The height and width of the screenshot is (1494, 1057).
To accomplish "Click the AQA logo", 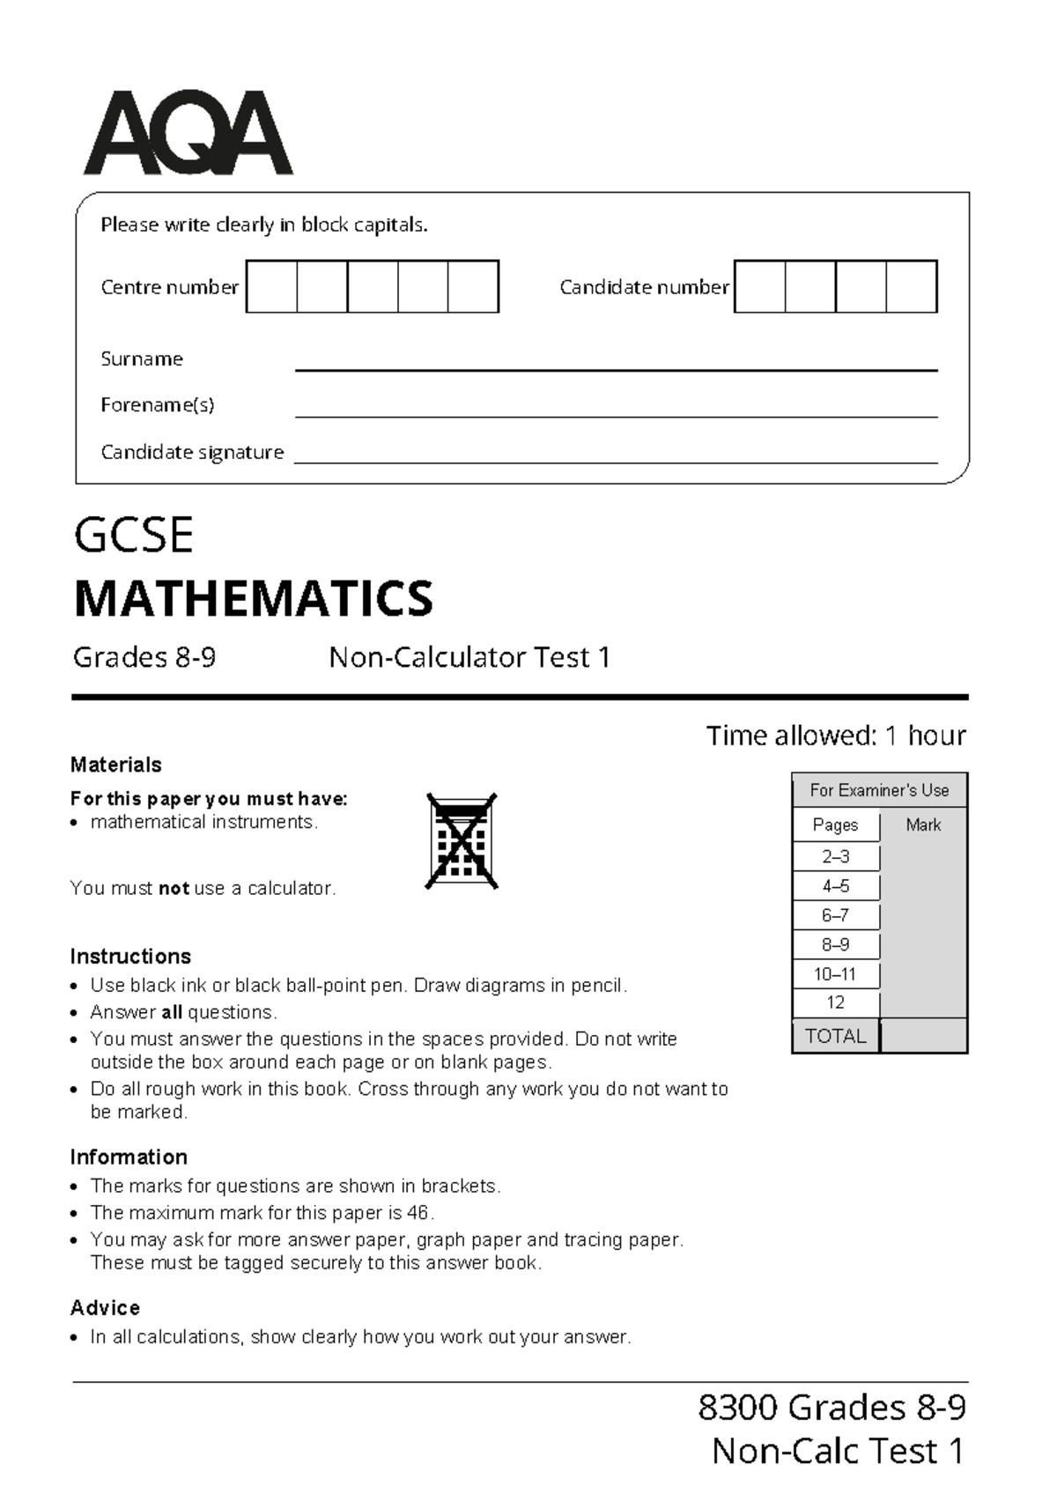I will click(188, 133).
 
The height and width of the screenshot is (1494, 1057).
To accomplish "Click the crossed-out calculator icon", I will click(462, 840).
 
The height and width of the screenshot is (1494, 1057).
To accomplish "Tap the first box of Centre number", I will click(271, 286).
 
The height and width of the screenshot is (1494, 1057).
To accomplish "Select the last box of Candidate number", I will click(911, 286).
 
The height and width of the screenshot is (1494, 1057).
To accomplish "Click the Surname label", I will click(142, 359).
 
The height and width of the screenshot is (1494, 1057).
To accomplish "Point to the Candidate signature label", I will click(192, 452).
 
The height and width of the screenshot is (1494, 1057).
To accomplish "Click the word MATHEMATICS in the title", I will click(254, 599).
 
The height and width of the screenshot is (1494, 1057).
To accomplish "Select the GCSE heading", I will click(134, 536).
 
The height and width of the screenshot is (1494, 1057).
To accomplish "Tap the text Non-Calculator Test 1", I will click(469, 657).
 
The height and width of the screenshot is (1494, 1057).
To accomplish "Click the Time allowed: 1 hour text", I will click(835, 736).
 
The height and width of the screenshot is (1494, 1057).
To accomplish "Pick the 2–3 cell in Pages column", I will click(835, 856).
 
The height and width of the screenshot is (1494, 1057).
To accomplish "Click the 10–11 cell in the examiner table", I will click(835, 974).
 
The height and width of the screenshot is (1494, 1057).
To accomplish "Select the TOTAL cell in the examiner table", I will click(835, 1036).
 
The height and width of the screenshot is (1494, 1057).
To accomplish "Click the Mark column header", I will click(923, 825).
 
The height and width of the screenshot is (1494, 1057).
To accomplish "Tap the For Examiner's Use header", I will click(879, 790).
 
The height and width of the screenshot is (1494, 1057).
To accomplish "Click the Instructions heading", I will click(130, 957).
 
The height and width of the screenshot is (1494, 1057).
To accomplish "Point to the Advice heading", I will click(105, 1307).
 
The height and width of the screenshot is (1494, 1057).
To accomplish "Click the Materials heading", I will click(115, 765).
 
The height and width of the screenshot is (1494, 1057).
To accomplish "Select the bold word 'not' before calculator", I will click(174, 888).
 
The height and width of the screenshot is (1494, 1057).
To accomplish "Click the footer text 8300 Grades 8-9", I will click(832, 1408).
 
